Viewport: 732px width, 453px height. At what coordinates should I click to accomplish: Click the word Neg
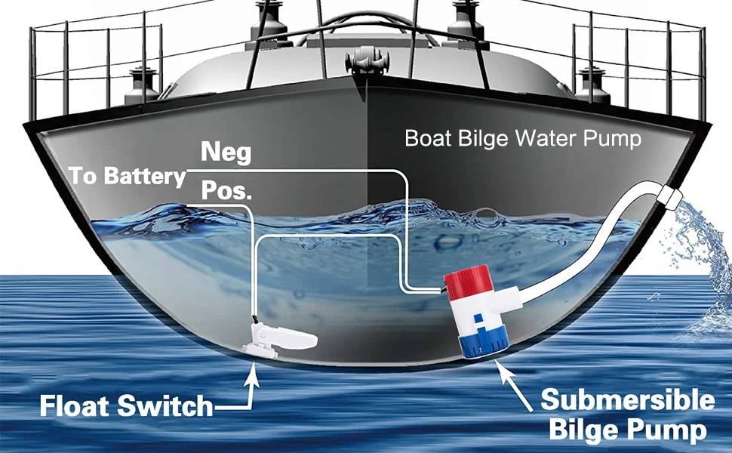click(226, 153)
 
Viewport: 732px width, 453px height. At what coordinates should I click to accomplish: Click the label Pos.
click(226, 191)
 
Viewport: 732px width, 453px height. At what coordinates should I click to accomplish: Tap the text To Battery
click(127, 176)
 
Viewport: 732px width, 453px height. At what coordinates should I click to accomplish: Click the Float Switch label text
click(127, 407)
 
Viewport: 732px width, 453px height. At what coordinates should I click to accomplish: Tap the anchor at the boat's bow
click(368, 63)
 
